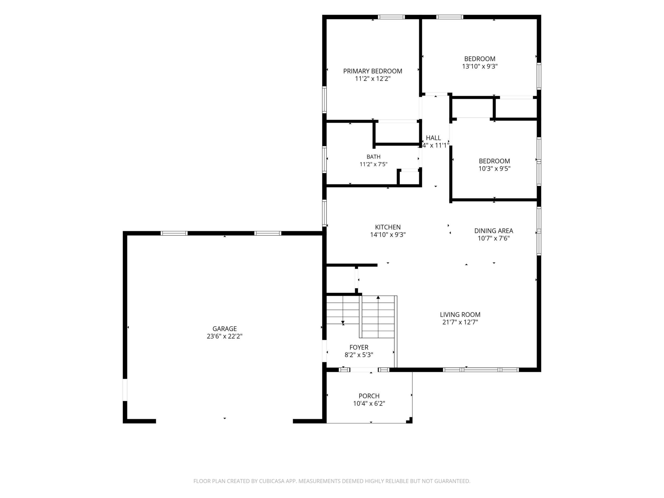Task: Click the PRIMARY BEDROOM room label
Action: tap(372, 71)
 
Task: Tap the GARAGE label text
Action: tap(225, 329)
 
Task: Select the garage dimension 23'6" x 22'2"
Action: tap(225, 336)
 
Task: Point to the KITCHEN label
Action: tap(388, 227)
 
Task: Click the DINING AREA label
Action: tap(493, 231)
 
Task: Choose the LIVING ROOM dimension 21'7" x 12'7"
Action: tap(460, 322)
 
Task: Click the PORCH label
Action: tap(369, 396)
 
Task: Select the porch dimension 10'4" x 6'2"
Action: tap(369, 404)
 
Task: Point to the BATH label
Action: tap(373, 157)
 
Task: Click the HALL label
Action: tap(433, 138)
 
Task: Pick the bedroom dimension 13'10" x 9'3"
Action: tap(480, 66)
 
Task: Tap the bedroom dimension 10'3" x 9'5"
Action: tap(494, 168)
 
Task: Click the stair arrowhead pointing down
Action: tap(343, 323)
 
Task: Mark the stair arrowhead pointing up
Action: tap(378, 297)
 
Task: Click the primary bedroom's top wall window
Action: tap(391, 17)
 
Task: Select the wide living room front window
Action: tap(481, 370)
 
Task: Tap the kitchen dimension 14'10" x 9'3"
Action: tap(388, 235)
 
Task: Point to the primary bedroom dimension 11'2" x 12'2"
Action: tap(372, 79)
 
